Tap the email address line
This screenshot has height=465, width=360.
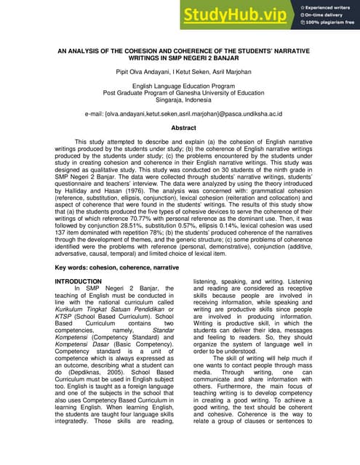point(183,114)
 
